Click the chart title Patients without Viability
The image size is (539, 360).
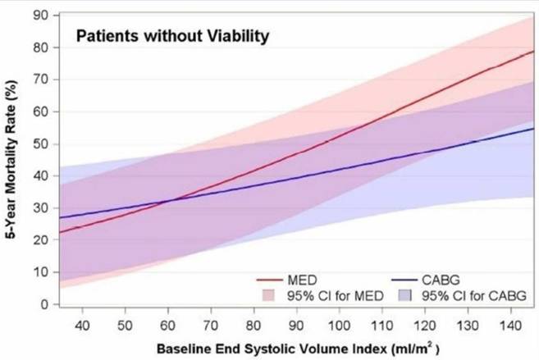[172, 36]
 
